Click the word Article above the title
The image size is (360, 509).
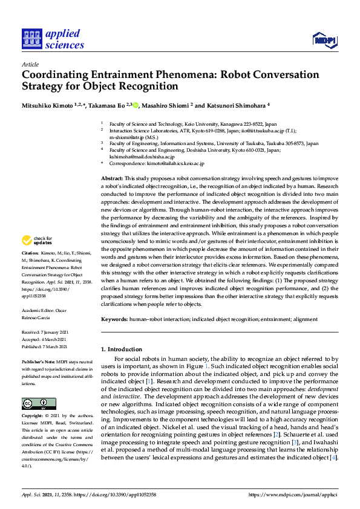pos(30,63)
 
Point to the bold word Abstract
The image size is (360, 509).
pos(111,179)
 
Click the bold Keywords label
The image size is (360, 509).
pos(114,319)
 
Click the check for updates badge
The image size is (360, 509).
pos(38,241)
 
